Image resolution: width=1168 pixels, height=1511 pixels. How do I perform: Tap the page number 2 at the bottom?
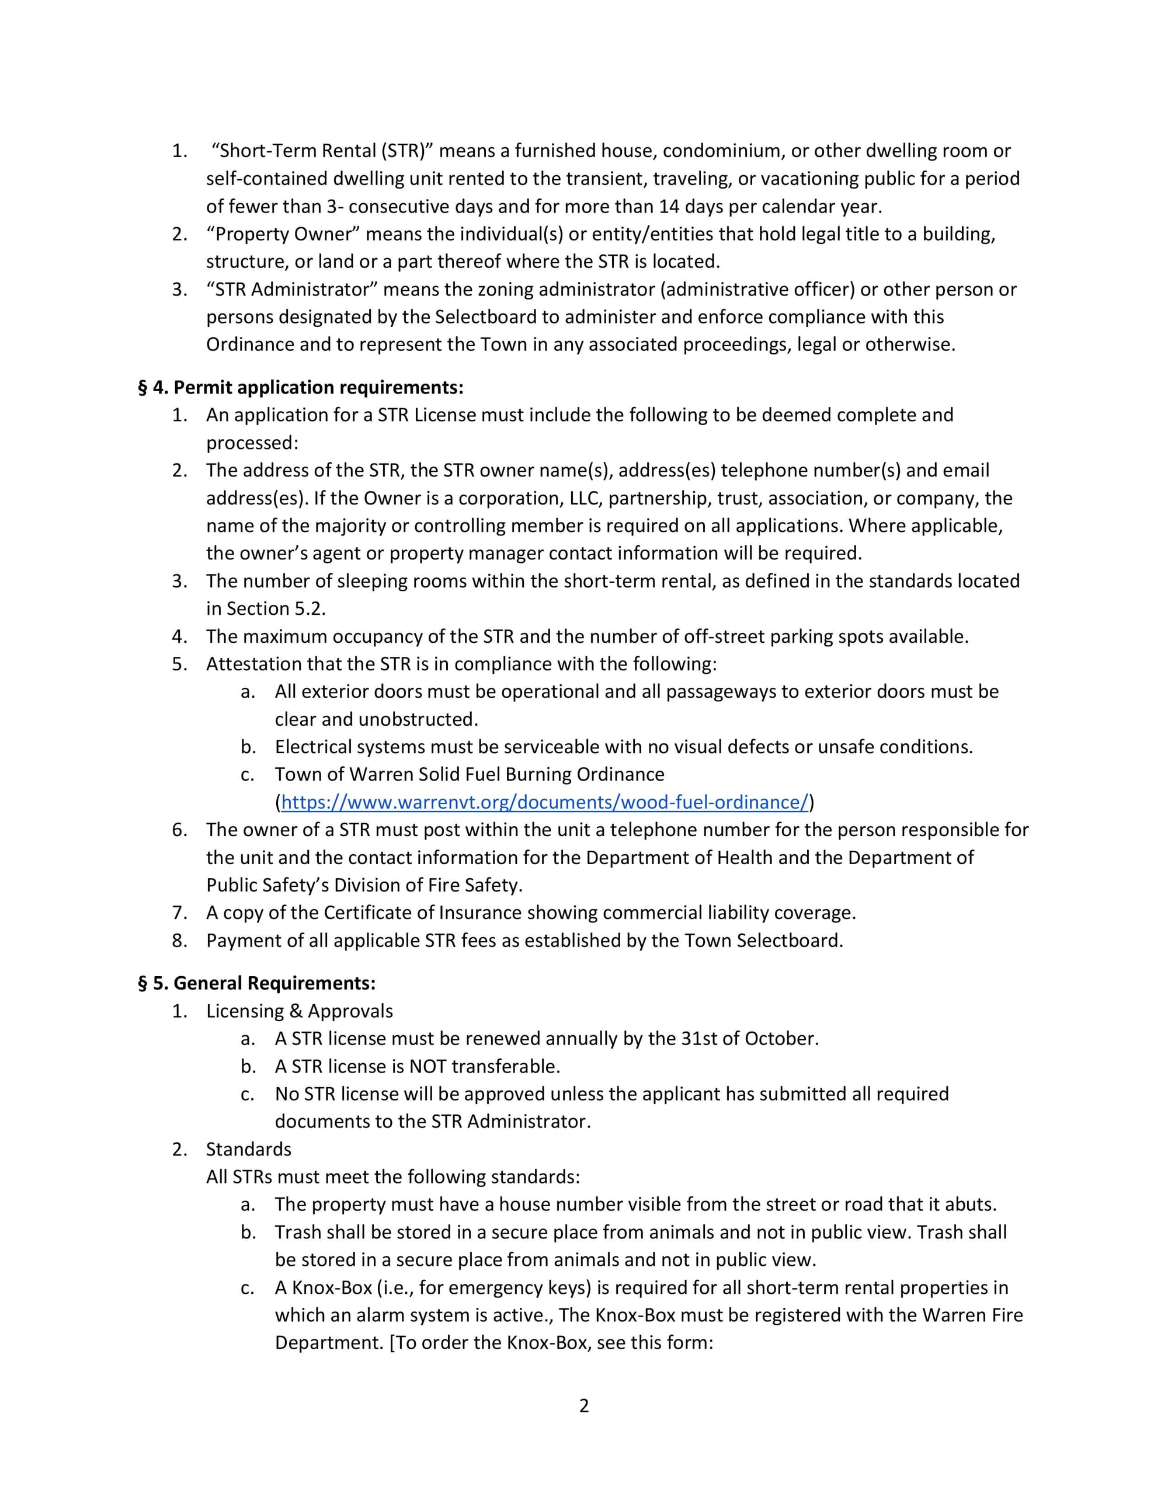pos(584,1405)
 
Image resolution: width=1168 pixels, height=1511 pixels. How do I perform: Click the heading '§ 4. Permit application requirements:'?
pos(301,388)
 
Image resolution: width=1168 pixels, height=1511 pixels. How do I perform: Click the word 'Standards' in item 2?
pos(248,1149)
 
